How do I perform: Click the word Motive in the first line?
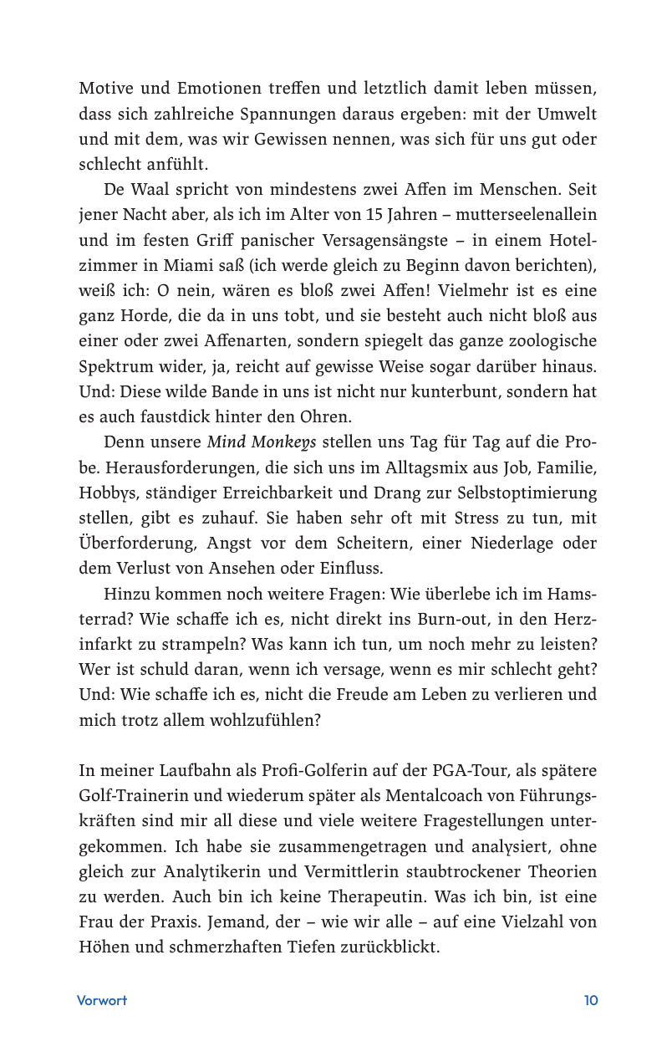104,87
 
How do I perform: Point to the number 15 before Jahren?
374,215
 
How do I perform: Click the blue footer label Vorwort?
102,1000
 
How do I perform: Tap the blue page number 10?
590,1000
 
